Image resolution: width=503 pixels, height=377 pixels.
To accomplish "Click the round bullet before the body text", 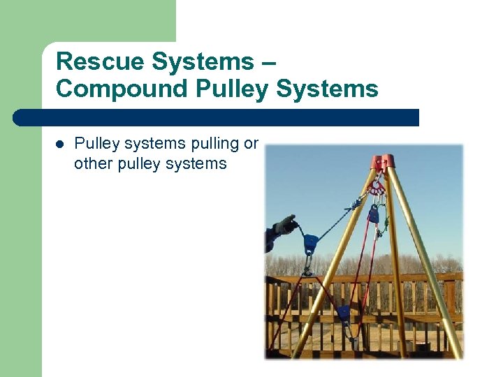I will pyautogui.click(x=59, y=145).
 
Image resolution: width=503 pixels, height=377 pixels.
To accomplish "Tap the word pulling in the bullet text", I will pyautogui.click(x=208, y=144).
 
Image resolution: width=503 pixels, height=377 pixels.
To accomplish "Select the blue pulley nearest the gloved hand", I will pyautogui.click(x=309, y=243).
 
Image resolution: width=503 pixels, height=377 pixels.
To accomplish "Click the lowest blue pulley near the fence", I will pyautogui.click(x=344, y=312).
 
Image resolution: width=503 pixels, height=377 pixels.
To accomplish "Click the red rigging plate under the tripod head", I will pyautogui.click(x=378, y=187).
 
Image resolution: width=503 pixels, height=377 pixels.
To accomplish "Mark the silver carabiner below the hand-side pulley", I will pyautogui.click(x=307, y=263).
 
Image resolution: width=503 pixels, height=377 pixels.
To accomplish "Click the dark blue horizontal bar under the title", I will pyautogui.click(x=217, y=117).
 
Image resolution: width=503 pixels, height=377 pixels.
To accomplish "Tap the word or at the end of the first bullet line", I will pyautogui.click(x=251, y=144).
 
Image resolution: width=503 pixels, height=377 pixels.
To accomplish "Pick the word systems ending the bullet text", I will pyautogui.click(x=201, y=164).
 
